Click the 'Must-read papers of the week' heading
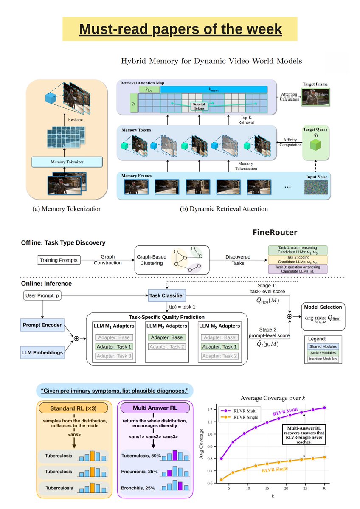[180, 29]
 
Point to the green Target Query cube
[315, 144]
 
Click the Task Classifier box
[166, 294]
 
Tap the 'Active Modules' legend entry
[323, 353]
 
